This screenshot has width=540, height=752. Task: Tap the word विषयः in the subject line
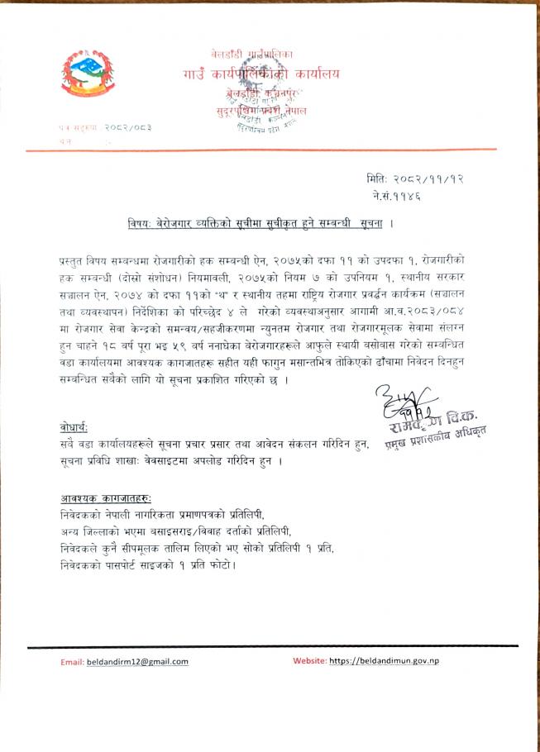(x=141, y=224)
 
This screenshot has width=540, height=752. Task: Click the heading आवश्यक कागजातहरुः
(x=106, y=498)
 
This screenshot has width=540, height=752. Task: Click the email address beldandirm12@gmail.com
(x=138, y=661)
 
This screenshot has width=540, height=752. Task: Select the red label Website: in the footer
(x=309, y=660)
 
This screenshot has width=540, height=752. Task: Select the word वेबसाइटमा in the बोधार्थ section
(x=173, y=461)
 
